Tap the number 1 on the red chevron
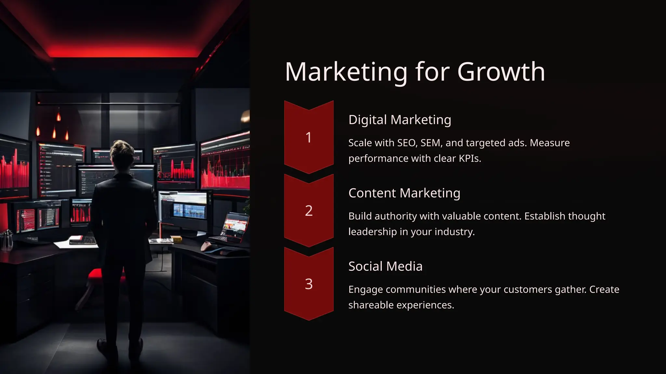[309, 137]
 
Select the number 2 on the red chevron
[309, 211]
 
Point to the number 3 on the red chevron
[309, 284]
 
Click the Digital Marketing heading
[400, 120]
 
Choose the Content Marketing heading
[404, 193]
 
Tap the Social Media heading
[385, 267]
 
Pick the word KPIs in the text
[469, 158]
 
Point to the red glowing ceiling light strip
[124, 52]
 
